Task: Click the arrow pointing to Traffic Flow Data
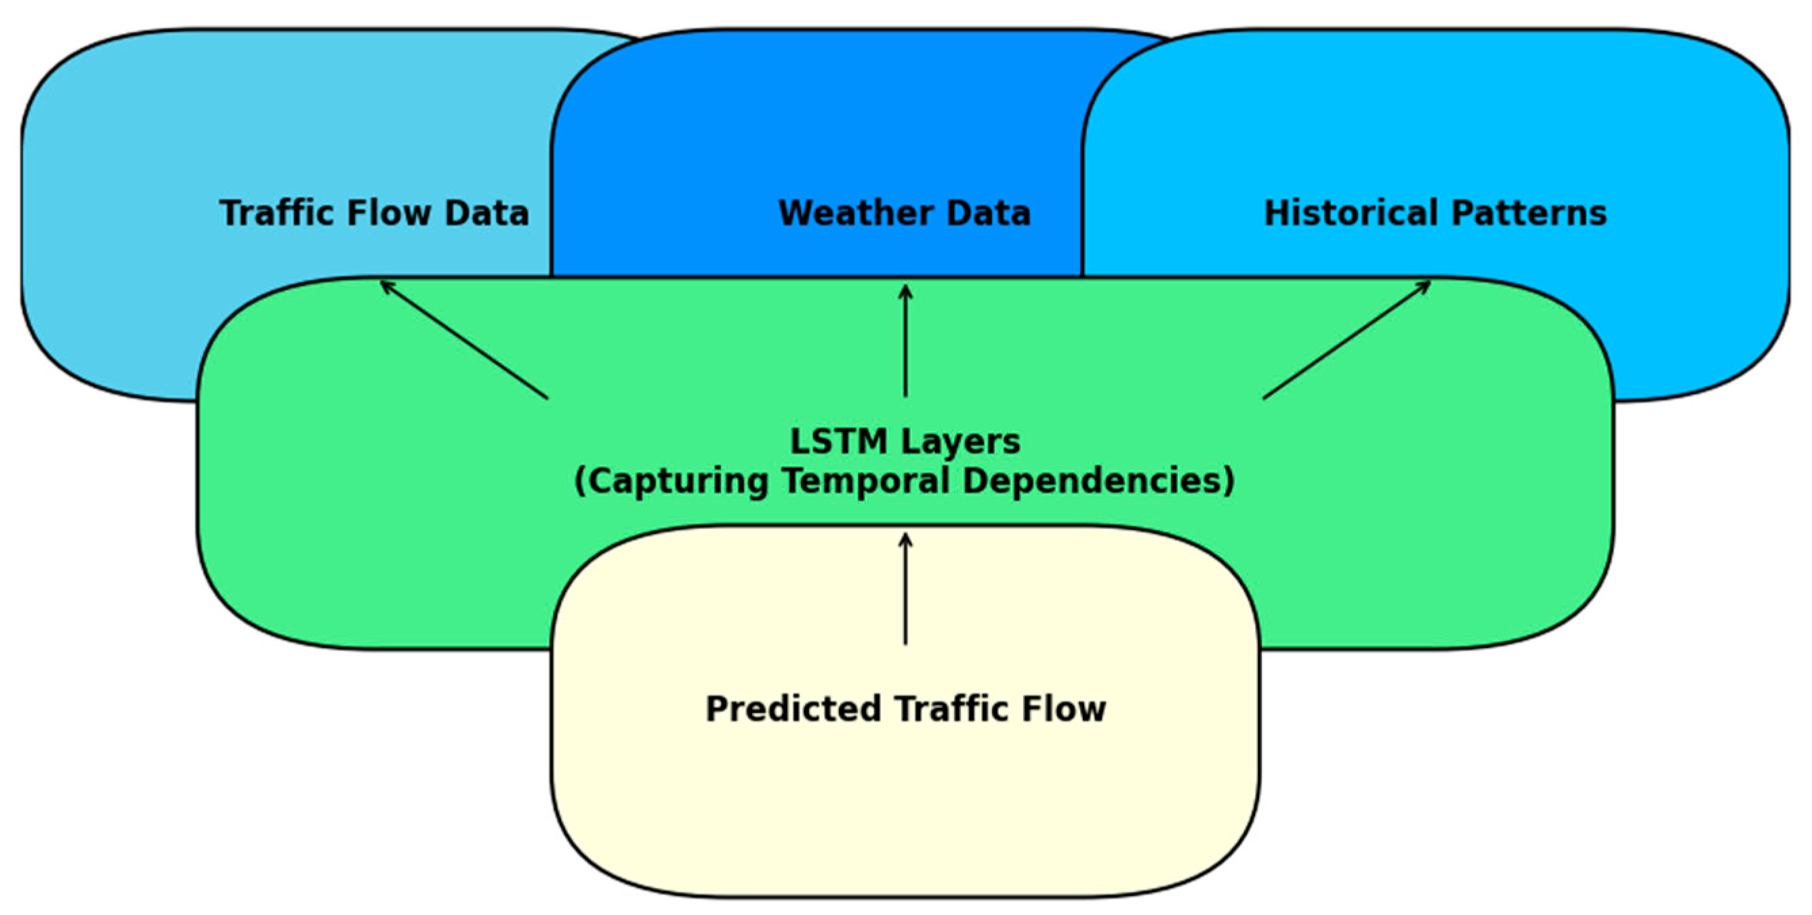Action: click(x=464, y=340)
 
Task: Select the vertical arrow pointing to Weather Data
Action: click(x=905, y=341)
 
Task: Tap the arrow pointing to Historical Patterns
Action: click(x=1347, y=340)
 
